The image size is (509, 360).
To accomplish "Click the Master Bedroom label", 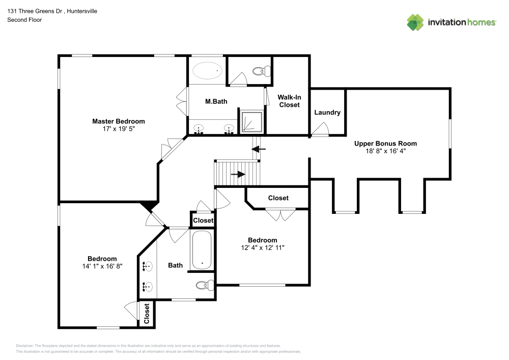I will click(118, 121).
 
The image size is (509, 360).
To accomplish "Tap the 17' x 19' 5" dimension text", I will click(118, 129).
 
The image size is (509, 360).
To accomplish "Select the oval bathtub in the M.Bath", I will click(207, 70).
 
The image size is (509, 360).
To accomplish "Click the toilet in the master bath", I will click(262, 71).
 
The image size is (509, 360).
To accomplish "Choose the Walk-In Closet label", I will click(289, 101).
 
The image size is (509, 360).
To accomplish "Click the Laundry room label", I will click(327, 113).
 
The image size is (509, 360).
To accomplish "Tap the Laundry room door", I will click(320, 131).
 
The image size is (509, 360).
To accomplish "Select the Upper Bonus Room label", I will click(385, 144).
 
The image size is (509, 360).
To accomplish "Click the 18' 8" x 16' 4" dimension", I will click(385, 151).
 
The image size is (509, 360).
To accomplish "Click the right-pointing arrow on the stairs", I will click(237, 174).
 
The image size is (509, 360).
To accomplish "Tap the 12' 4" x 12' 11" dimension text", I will click(262, 247).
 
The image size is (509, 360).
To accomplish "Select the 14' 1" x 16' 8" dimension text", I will click(102, 266).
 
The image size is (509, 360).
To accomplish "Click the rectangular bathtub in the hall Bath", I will click(202, 250).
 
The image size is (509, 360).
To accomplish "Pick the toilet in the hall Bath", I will click(205, 285).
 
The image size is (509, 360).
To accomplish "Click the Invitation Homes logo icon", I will click(415, 22).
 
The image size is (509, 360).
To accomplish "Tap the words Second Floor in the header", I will click(24, 20).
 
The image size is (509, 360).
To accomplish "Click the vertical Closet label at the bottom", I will click(147, 314).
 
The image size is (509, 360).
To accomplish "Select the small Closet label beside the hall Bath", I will click(203, 220).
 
